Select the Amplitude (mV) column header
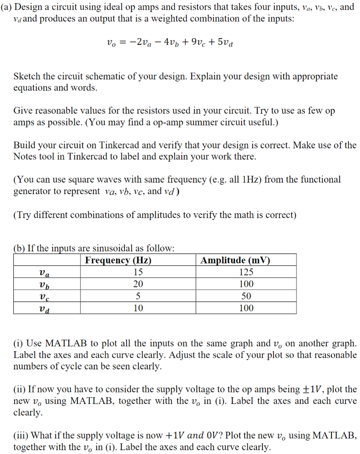235,260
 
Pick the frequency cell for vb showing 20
138,284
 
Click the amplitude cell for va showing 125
246,272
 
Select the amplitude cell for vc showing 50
246,296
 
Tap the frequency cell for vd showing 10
138,308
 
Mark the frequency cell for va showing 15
138,272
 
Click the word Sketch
27,76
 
